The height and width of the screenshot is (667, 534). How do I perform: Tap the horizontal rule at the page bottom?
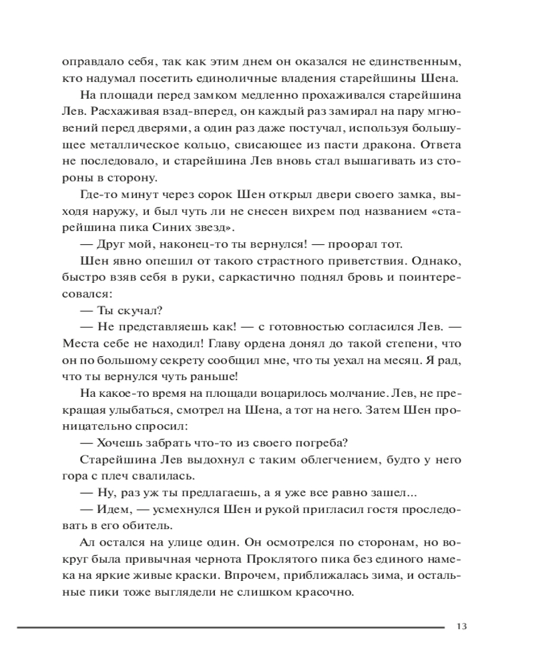pyautogui.click(x=230, y=627)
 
